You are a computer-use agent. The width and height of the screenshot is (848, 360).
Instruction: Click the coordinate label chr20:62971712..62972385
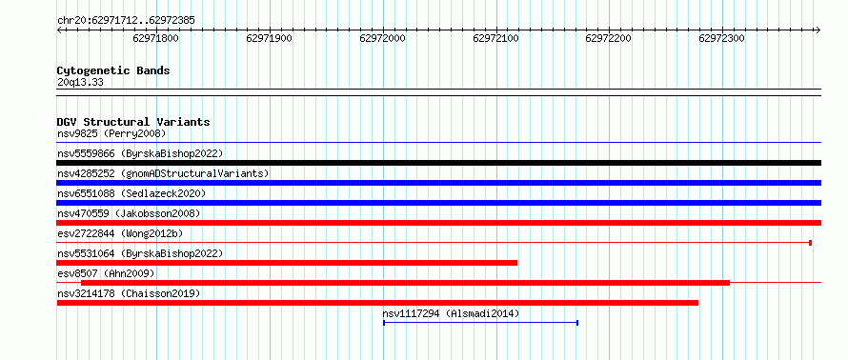126,21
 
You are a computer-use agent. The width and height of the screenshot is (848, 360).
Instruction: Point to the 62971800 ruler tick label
155,39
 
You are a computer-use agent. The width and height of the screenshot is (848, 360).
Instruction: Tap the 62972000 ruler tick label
382,39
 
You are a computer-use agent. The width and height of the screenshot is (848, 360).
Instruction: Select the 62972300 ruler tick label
722,39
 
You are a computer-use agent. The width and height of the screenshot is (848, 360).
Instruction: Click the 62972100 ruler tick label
495,39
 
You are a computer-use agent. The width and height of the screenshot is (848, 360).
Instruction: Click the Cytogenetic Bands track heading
113,70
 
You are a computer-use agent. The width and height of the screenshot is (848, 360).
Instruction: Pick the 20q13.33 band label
80,83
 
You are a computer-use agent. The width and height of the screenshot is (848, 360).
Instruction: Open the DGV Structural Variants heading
133,122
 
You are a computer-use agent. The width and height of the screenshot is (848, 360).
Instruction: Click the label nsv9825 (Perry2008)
111,133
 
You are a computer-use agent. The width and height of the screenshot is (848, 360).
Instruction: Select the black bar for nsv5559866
438,163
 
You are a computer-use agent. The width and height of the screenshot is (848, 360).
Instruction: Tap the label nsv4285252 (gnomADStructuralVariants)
163,173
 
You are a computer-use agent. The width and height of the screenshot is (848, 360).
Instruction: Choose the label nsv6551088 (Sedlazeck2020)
131,193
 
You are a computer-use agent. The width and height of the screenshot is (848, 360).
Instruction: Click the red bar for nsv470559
438,223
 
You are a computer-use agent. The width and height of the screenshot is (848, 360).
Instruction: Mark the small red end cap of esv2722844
810,243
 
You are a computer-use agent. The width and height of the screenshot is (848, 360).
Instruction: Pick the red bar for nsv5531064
287,263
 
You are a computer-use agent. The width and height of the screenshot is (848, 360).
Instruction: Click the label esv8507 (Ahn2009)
106,273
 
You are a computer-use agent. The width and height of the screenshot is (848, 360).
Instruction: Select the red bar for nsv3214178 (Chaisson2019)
377,303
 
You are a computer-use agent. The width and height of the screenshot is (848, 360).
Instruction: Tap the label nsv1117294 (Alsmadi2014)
451,313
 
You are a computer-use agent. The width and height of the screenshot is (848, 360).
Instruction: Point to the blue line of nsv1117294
481,323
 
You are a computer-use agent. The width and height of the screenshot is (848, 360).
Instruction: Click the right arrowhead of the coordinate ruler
818,30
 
